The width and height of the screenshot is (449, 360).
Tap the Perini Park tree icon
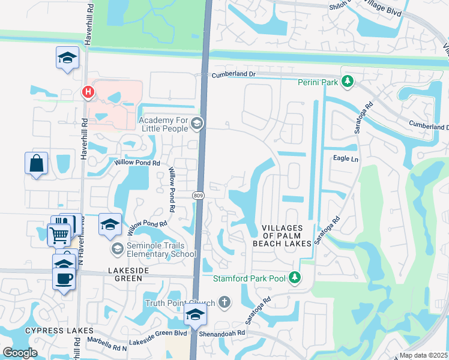pyautogui.click(x=346, y=81)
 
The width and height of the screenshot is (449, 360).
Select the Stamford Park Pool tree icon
pyautogui.click(x=294, y=277)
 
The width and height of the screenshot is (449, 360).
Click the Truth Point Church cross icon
pyautogui.click(x=224, y=302)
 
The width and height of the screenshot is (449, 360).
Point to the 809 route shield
pyautogui.click(x=199, y=196)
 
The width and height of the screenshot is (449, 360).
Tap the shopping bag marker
pyautogui.click(x=36, y=163)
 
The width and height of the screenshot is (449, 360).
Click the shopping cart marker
pyautogui.click(x=59, y=235)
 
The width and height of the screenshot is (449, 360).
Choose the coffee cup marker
pyautogui.click(x=64, y=278)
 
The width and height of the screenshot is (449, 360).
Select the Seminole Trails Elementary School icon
pyautogui.click(x=117, y=248)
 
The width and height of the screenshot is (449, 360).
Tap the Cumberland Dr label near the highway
pyautogui.click(x=232, y=74)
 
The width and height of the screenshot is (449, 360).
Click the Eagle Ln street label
pyautogui.click(x=345, y=159)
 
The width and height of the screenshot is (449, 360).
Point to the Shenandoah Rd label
pyautogui.click(x=224, y=332)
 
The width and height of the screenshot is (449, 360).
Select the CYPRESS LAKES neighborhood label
pyautogui.click(x=59, y=331)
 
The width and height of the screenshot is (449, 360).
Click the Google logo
pyautogui.click(x=20, y=352)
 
